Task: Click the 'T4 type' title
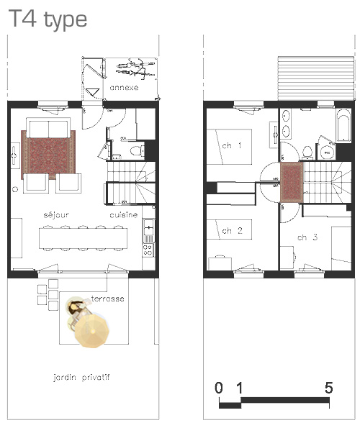coord(48,19)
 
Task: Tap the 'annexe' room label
coord(124,88)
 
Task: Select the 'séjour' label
coord(56,214)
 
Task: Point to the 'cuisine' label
coord(124,214)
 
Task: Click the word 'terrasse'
coord(108,299)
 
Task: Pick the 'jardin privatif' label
coord(81,377)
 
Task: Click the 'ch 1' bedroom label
coord(231,145)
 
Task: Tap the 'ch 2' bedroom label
coord(232,231)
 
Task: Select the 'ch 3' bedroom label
coord(307,237)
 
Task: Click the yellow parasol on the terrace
coord(92,330)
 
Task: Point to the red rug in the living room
coord(48,155)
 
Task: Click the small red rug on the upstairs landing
coord(292,182)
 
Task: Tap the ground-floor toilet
coord(138,150)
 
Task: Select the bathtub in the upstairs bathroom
coord(343,125)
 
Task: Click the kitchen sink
coord(148,227)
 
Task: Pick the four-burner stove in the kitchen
coord(148,250)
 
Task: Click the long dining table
coord(83,238)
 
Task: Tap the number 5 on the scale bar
coord(328,388)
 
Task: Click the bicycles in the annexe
coord(136,69)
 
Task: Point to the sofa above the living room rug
coord(48,128)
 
